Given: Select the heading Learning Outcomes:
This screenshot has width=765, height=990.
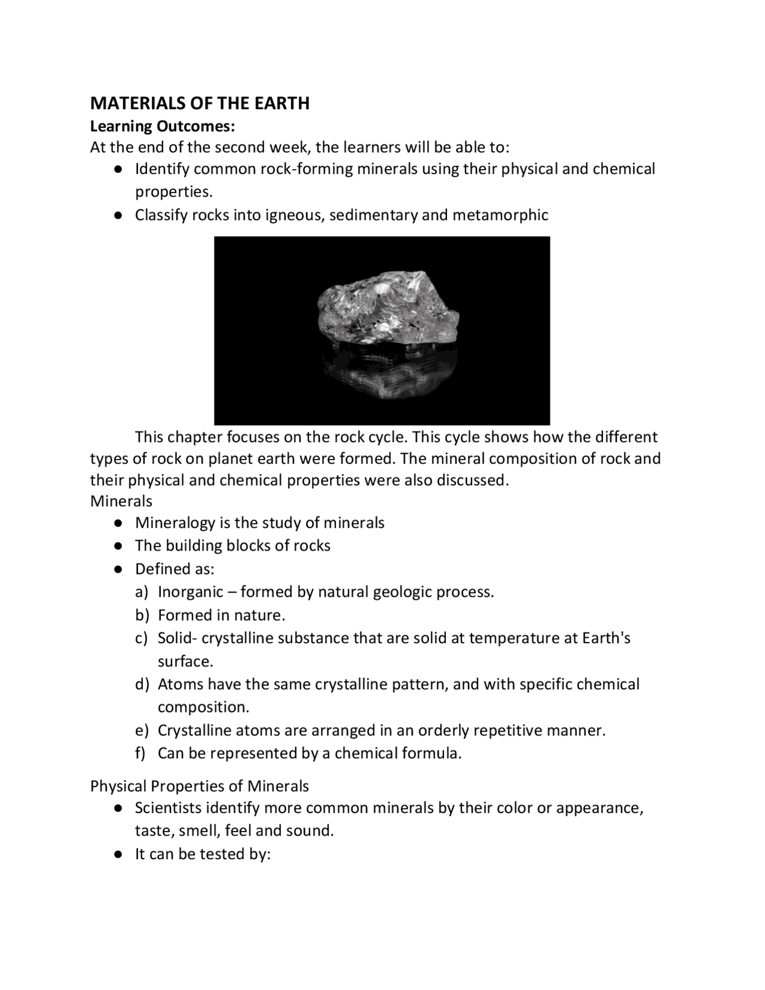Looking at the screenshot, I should [163, 126].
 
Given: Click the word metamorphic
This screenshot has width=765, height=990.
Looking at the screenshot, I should [500, 215].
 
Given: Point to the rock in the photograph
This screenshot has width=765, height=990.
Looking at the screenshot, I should [385, 311].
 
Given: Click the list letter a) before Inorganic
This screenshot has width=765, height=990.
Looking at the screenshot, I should [141, 592].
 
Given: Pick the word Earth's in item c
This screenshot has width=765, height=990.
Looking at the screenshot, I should [606, 638].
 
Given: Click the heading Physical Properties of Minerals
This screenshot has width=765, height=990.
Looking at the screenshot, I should [200, 786].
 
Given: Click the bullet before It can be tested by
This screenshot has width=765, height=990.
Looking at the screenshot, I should [119, 854].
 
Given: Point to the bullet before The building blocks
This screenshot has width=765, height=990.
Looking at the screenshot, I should [119, 546].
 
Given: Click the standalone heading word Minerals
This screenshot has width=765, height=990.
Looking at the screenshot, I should [121, 501].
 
